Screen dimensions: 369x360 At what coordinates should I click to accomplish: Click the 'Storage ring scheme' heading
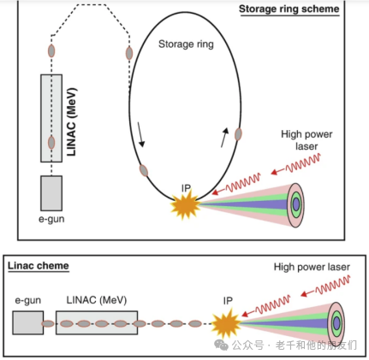point(289,9)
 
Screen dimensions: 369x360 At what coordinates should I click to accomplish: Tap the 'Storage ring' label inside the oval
point(186,44)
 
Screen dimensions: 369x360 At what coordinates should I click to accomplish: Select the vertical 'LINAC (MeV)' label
point(72,121)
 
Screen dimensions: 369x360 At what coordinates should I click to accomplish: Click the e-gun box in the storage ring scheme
point(51,193)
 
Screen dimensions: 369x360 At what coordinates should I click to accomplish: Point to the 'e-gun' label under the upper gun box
point(51,219)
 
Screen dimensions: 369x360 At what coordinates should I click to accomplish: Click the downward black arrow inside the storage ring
point(141,134)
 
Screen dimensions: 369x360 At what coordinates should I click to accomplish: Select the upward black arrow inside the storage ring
point(225,138)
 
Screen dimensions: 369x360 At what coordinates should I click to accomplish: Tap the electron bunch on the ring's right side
point(238,134)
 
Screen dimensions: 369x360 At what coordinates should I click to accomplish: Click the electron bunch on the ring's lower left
point(144,170)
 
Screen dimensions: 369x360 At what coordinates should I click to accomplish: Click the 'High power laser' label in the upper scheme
point(307,140)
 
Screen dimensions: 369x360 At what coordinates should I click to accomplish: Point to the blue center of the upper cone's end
point(296,204)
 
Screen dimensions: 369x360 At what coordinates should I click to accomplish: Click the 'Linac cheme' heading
point(39,266)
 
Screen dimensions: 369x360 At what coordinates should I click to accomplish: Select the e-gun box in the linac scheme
point(28,322)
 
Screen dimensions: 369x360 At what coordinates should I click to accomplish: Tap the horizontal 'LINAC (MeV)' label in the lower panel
point(97,300)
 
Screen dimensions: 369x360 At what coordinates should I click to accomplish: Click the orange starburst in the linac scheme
point(226,323)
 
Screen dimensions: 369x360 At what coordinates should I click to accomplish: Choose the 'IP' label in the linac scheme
point(228,301)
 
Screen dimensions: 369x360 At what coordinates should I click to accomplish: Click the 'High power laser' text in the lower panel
point(312,267)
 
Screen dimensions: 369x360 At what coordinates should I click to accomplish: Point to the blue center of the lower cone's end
point(337,323)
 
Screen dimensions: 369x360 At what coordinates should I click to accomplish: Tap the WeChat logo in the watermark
point(222,345)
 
